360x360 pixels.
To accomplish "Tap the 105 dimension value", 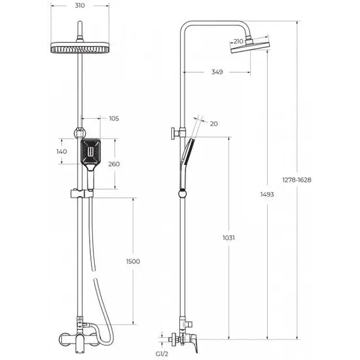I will point(114,118).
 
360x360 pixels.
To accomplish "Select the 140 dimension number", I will point(61,152).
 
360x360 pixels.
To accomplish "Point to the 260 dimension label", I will point(114,164).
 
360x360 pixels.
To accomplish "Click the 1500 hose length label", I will point(133,261).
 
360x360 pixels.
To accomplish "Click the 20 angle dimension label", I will point(213,124).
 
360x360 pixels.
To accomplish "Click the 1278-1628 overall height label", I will point(297,179).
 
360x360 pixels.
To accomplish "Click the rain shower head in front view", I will point(80,49).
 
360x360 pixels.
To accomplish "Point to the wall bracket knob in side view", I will point(172,134).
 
